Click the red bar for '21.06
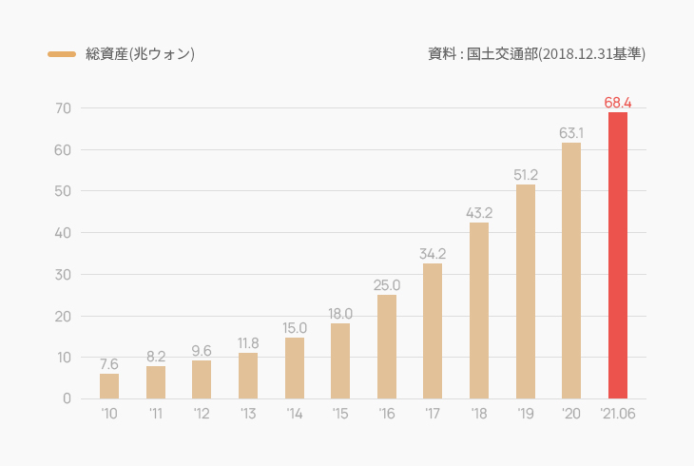click(x=618, y=255)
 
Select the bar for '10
click(x=109, y=386)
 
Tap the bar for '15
click(x=340, y=360)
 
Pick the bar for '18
click(x=479, y=310)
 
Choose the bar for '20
click(x=571, y=270)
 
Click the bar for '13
click(x=248, y=376)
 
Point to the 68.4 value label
click(x=618, y=102)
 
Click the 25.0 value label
click(x=387, y=284)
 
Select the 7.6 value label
click(x=109, y=363)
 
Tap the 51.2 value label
click(x=526, y=174)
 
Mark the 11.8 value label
click(x=248, y=342)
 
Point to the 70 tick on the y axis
click(x=63, y=108)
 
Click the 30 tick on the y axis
click(x=63, y=275)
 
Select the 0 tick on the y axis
click(x=67, y=398)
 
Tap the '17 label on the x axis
click(x=433, y=414)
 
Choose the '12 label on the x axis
click(x=202, y=414)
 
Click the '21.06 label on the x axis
click(x=618, y=414)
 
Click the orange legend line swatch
click(x=62, y=54)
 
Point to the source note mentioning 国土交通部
click(x=537, y=54)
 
